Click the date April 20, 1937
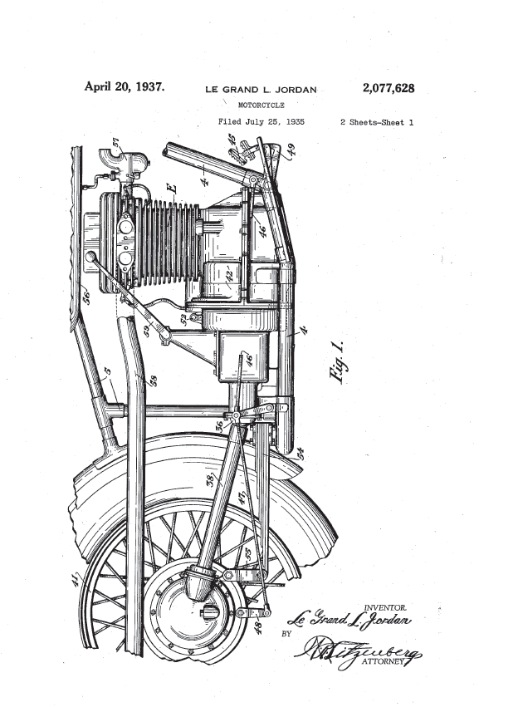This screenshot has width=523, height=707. point(124,86)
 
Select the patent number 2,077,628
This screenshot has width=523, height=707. point(389,88)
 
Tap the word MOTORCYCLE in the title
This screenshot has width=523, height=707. point(261,106)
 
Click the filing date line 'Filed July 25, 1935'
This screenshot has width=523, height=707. point(261,122)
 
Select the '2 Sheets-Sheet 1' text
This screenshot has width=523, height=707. point(377,122)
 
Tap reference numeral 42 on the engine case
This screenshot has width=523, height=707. point(228,274)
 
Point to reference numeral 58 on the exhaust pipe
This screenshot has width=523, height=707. point(151,381)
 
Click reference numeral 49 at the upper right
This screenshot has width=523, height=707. point(291,150)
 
